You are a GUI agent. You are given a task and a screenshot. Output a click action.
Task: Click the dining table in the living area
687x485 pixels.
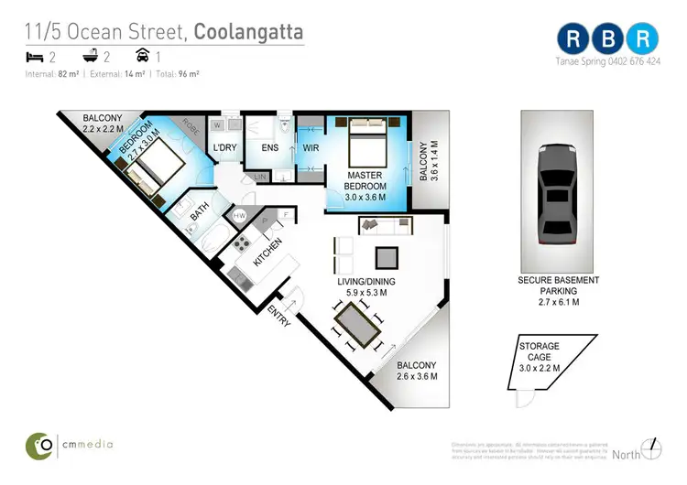(358, 326)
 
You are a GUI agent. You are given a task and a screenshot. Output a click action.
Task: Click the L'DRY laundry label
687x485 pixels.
(224, 147)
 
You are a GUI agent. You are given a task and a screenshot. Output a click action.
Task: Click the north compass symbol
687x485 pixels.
(651, 448)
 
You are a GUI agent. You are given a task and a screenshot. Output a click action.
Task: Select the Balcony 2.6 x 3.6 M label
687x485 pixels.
(416, 371)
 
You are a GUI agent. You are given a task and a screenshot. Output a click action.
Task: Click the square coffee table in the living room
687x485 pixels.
(386, 256)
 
